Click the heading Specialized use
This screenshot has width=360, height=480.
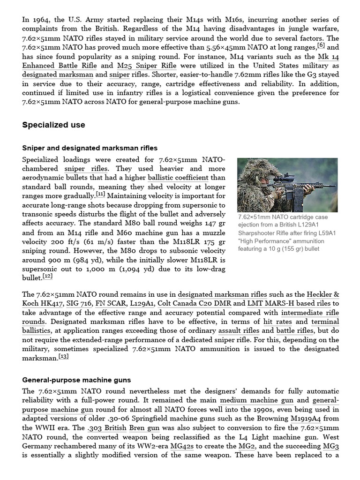pos(53,125)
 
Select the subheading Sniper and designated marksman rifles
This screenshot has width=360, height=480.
pos(90,148)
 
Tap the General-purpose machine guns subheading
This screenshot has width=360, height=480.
pos(76,380)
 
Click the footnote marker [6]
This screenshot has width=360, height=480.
pos(321,45)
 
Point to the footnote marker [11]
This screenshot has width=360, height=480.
pos(100,194)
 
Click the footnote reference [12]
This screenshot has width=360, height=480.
pos(47,276)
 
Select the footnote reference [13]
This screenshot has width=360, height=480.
pos(64,356)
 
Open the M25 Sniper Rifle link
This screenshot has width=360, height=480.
pos(146,66)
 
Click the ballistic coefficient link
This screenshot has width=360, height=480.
pos(178,178)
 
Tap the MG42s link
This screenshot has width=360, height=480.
pos(180,446)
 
